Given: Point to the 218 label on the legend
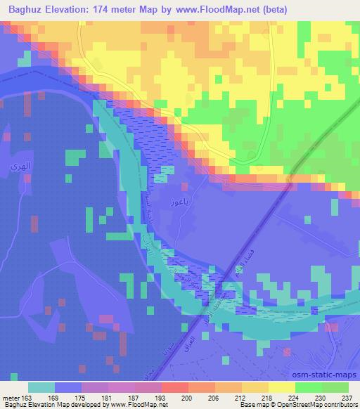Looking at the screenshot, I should (264, 397).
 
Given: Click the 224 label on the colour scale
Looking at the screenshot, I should (291, 397).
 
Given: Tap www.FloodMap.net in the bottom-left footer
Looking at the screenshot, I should (138, 405).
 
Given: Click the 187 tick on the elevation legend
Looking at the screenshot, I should (131, 397).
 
